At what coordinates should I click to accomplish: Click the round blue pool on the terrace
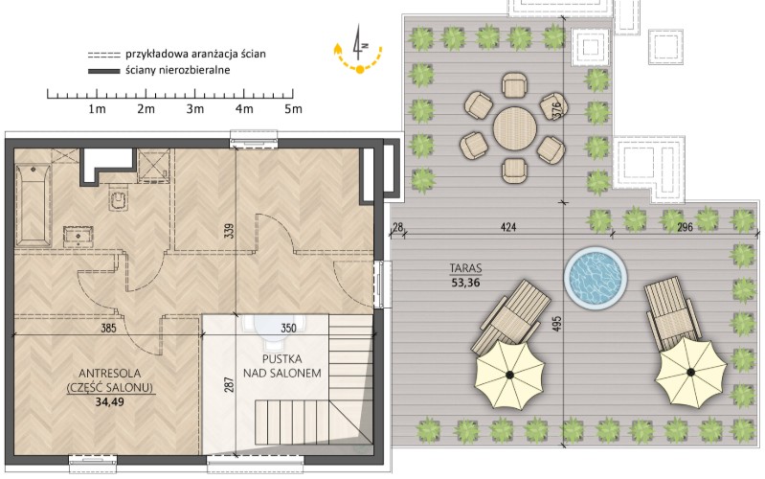(x=596, y=277)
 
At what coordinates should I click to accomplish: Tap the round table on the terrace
(x=515, y=129)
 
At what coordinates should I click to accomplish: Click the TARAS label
(x=465, y=268)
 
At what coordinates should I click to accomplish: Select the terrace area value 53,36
(x=465, y=283)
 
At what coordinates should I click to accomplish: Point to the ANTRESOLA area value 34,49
(x=110, y=401)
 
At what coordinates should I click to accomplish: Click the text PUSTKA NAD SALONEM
(x=282, y=366)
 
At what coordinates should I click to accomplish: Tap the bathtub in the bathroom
(x=34, y=206)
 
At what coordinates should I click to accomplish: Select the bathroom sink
(x=79, y=237)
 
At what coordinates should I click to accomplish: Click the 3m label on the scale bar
(x=195, y=109)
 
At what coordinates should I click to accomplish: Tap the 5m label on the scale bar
(x=293, y=109)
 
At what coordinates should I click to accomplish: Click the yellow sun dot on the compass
(x=360, y=70)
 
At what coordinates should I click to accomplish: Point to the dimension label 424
(x=507, y=227)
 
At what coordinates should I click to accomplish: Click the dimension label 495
(x=557, y=324)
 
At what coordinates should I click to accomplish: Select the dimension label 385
(x=108, y=328)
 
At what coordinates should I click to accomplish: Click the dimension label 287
(x=229, y=384)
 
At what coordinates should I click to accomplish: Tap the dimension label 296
(x=685, y=227)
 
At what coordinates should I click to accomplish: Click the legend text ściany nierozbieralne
(x=177, y=70)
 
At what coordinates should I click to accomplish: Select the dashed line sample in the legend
(x=103, y=55)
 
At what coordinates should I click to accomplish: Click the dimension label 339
(x=229, y=231)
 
